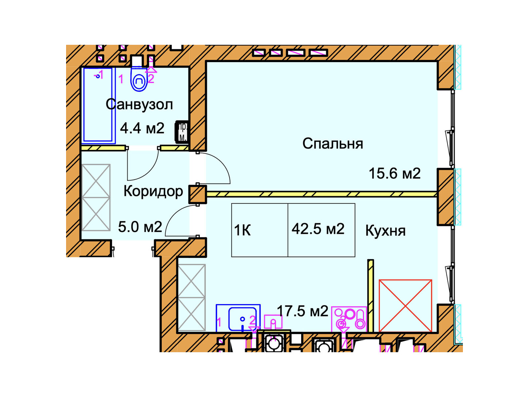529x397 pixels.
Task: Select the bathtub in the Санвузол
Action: coord(99,105)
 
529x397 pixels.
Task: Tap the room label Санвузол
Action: coord(139,105)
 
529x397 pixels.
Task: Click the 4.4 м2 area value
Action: coord(142,128)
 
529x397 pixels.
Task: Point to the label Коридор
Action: coord(153,191)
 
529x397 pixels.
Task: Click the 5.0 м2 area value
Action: coord(140,227)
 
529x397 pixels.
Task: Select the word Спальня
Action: coord(333,144)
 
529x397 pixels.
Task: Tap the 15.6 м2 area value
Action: coord(394,174)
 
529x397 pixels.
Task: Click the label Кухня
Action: coord(385,231)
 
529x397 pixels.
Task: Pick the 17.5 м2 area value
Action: coord(302,311)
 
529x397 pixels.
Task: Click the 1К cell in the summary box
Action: coord(243,230)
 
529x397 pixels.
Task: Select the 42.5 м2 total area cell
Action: coord(318,229)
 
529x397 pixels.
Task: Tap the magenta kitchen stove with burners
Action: coord(349,319)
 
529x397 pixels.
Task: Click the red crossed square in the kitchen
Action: coord(405,306)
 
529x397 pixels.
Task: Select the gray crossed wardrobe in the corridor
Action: coord(96,198)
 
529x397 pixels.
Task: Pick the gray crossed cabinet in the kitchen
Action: coord(192,297)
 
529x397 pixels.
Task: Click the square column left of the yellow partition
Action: coord(197,194)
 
